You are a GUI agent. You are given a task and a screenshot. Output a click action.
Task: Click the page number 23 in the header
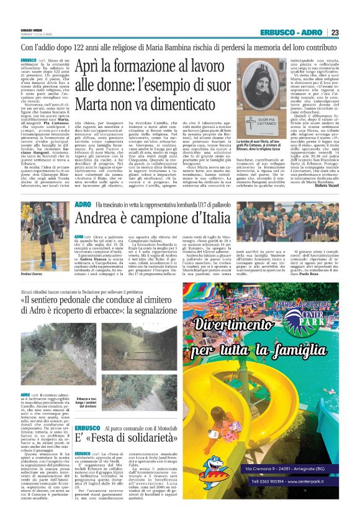335,32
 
